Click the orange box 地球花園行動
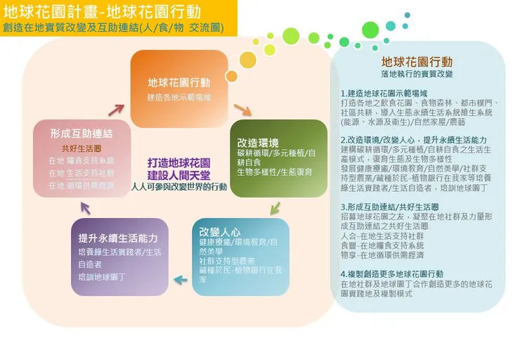(179, 79)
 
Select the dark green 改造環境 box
(278, 158)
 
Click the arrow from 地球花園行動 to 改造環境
(242, 110)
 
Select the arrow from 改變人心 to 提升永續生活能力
(181, 281)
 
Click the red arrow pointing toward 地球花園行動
(116, 110)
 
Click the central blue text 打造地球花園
(178, 162)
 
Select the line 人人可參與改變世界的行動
(179, 187)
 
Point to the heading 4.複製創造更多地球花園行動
(392, 274)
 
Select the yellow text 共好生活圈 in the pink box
(82, 148)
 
